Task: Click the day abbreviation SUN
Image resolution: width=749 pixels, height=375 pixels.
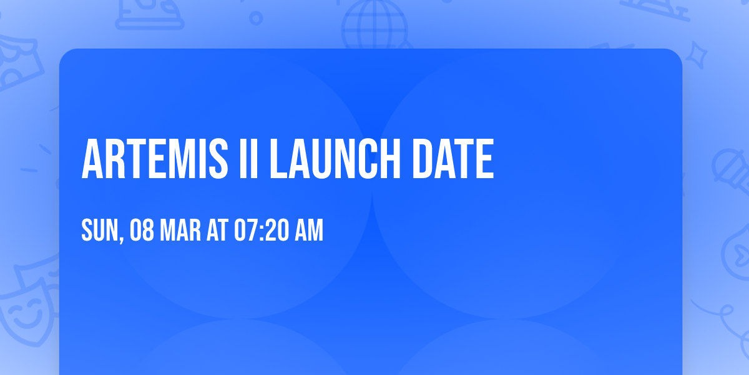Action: (x=99, y=231)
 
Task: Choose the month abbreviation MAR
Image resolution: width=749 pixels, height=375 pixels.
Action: (x=180, y=231)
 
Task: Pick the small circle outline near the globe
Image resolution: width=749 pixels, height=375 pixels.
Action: (x=256, y=18)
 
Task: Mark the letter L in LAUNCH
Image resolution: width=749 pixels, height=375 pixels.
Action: (x=277, y=159)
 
